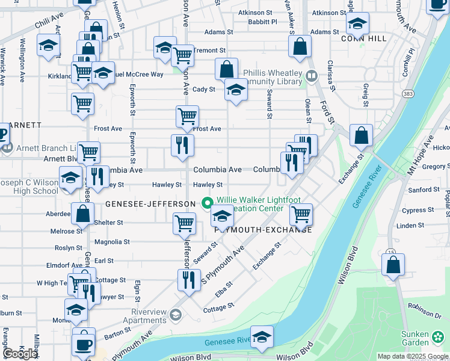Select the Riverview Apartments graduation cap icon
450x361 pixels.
(x=175, y=315)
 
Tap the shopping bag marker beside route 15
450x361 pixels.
(x=393, y=265)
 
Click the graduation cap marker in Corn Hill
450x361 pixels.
(x=357, y=24)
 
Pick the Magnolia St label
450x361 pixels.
(x=112, y=242)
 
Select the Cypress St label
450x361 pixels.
(x=413, y=211)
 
